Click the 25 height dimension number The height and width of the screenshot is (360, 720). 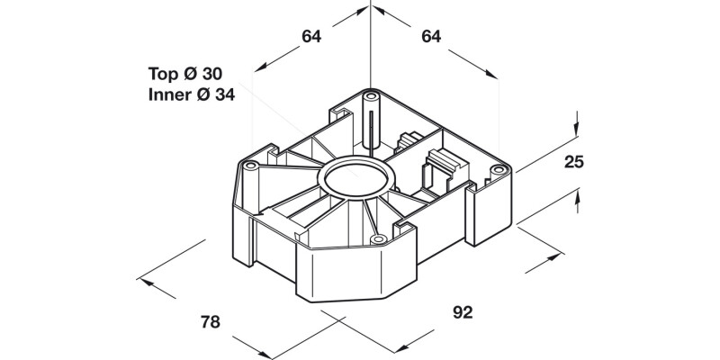[x=574, y=162]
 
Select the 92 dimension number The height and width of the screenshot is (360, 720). [x=463, y=312]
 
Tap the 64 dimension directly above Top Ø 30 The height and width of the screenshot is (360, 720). [x=311, y=37]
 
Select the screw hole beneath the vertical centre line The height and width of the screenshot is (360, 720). [x=371, y=93]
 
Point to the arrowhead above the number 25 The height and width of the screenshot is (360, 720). [x=574, y=128]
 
